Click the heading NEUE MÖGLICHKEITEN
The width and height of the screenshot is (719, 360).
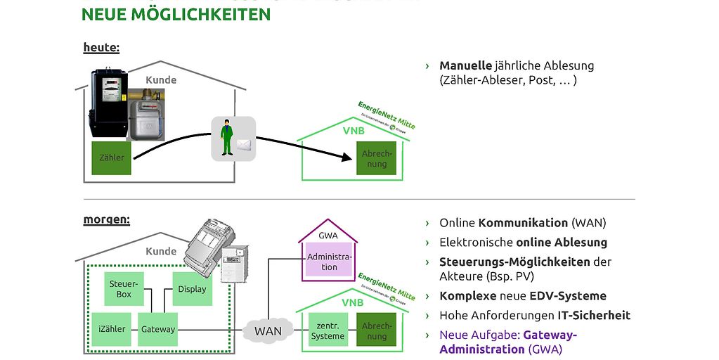(x=176, y=14)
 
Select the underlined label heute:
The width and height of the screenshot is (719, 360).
(x=101, y=48)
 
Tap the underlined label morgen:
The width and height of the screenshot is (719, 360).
(x=106, y=219)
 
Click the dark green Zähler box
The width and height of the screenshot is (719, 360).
(x=111, y=157)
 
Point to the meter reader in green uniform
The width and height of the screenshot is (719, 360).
(x=226, y=139)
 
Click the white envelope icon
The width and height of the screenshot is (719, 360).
(x=243, y=146)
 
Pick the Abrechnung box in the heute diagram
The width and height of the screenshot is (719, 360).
(x=377, y=158)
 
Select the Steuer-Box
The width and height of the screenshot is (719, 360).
(x=124, y=289)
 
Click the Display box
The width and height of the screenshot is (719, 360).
(x=192, y=289)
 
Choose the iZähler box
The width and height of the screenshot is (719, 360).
(x=112, y=329)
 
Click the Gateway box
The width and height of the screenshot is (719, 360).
(x=157, y=329)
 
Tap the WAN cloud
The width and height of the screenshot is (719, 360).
(x=268, y=330)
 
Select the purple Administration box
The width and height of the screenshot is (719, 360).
(x=330, y=262)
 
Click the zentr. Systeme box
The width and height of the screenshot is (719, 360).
(x=328, y=330)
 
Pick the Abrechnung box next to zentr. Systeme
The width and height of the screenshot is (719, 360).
(x=377, y=330)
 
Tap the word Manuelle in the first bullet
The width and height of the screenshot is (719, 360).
(x=465, y=65)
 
